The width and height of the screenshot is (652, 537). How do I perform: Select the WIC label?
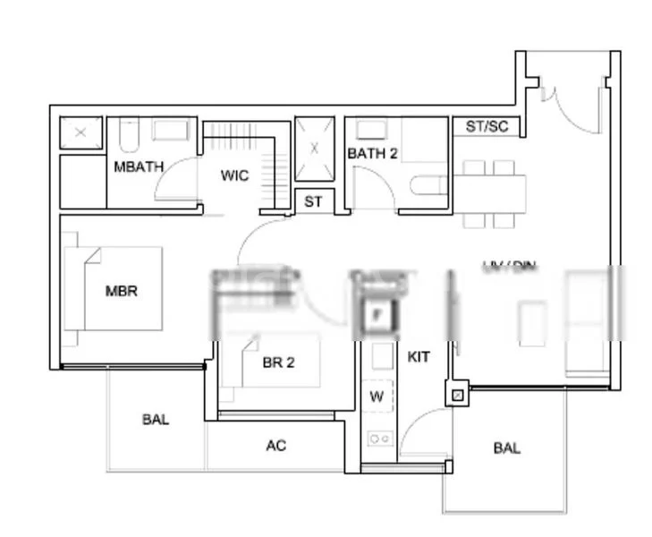click(234, 175)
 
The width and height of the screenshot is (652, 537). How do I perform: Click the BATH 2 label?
click(372, 153)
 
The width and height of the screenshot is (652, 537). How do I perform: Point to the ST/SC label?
click(487, 126)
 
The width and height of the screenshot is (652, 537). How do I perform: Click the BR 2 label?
click(278, 362)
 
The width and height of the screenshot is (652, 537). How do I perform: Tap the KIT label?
click(419, 356)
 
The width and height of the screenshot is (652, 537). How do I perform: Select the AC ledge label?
click(276, 445)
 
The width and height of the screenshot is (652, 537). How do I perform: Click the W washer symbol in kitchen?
click(377, 396)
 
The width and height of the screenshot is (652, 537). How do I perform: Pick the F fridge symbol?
click(377, 315)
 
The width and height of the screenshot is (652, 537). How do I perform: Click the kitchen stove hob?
click(378, 439)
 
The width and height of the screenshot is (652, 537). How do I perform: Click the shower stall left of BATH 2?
click(314, 149)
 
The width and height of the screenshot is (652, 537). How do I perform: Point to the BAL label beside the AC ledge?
click(155, 419)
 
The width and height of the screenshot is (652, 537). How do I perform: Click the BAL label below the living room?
click(506, 448)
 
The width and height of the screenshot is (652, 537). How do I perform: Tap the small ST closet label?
click(313, 202)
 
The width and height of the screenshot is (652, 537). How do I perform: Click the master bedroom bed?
click(113, 289)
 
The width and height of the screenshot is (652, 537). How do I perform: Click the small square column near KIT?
click(457, 393)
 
